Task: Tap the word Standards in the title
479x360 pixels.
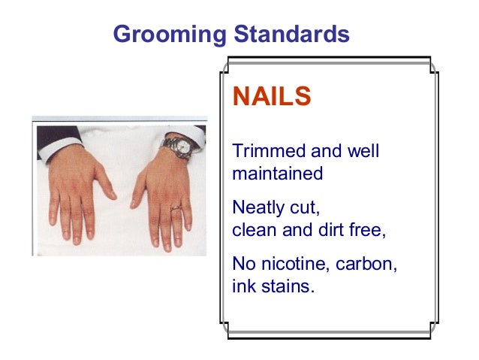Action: coord(292,34)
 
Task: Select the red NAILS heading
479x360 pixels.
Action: coord(272,97)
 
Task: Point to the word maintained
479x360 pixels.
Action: coord(278,174)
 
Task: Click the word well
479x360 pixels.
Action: coord(363,151)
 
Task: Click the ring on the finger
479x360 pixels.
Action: coord(175,207)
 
